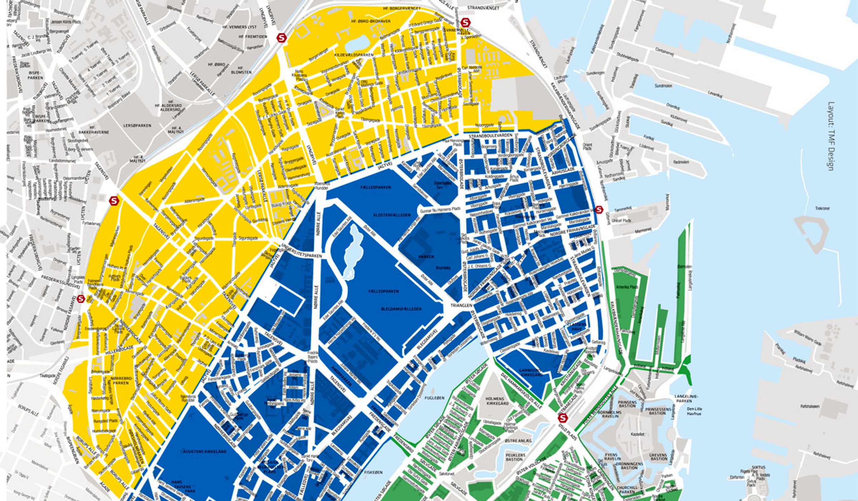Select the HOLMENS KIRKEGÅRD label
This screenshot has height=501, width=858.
tap(497, 401)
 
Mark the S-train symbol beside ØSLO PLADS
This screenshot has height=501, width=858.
tap(563, 418)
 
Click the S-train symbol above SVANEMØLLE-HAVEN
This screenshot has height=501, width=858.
tap(465, 23)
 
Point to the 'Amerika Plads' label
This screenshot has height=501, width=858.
tap(632, 287)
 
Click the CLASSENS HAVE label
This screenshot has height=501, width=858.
tap(577, 327)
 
